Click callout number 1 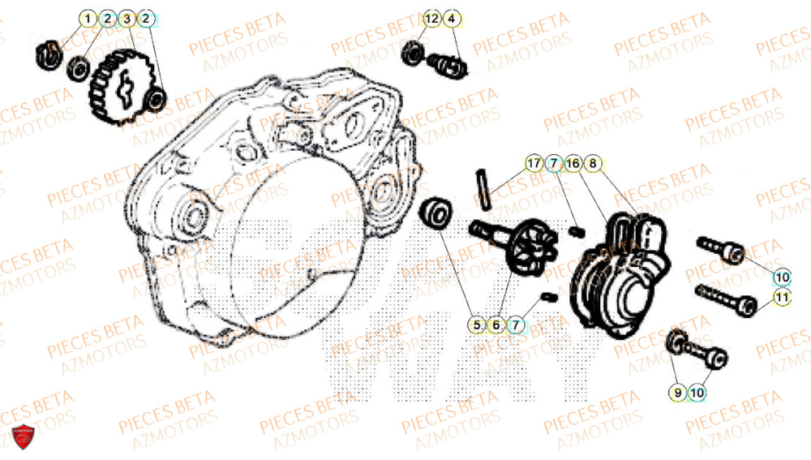point(88,17)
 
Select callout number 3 point(127,17)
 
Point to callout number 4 point(451,17)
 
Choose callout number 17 point(532,163)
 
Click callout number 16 point(573,163)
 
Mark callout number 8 point(593,163)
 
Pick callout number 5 point(476,325)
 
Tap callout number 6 point(496,325)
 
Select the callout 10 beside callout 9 point(697,393)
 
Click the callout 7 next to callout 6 point(515,325)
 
